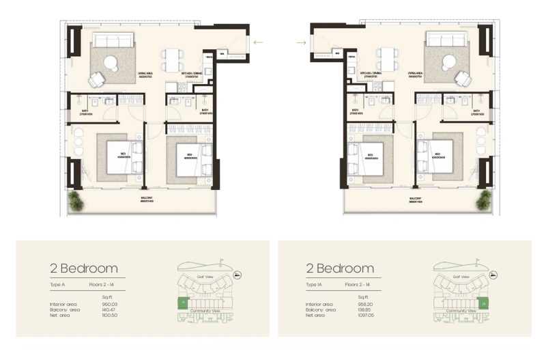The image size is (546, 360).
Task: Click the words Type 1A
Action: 314,283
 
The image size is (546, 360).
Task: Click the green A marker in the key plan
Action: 182,301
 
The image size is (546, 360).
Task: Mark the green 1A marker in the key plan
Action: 483,303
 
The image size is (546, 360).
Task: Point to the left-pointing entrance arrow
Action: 257,42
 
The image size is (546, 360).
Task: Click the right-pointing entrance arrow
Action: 301,42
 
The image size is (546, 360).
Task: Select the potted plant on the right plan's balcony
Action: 484,199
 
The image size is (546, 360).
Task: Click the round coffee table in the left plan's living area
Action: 111,62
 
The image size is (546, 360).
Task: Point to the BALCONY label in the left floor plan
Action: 146,200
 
